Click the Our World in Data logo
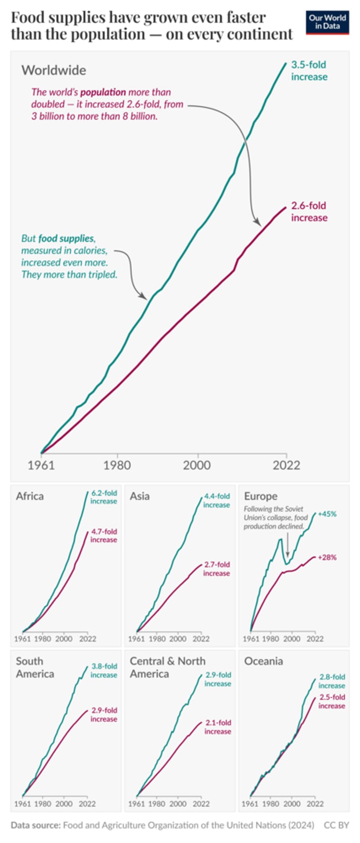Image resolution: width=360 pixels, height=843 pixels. pos(327,22)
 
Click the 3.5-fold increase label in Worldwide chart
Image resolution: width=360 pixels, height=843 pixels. pos(309,71)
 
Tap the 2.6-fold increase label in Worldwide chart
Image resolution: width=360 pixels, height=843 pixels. pos(309,211)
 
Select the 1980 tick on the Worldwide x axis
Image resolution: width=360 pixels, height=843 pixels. pos(117,465)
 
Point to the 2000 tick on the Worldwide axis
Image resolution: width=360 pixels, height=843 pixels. pos(197,465)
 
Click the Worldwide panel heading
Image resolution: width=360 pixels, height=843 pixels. pos(54,70)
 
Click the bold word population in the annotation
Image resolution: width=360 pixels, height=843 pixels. pos(103,92)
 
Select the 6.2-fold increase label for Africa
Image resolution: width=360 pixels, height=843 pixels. pos(103,497)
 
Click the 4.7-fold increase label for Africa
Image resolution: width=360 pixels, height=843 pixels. pos(103,535)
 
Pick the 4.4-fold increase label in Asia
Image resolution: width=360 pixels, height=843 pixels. pos(216,500)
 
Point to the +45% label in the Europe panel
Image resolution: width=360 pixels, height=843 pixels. pos(327,514)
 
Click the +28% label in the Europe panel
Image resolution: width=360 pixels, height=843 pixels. pos(327,557)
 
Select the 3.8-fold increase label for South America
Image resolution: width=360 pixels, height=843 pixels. pos(103,670)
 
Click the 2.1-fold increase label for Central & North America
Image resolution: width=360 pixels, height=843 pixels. pos(218,727)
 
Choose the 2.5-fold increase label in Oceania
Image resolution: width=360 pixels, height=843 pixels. pos(332,701)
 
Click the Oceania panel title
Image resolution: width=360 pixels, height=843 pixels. pos(263,661)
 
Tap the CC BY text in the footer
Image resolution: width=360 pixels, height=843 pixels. pos(336,825)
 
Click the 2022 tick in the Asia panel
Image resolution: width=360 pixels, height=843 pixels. pos(201,638)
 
